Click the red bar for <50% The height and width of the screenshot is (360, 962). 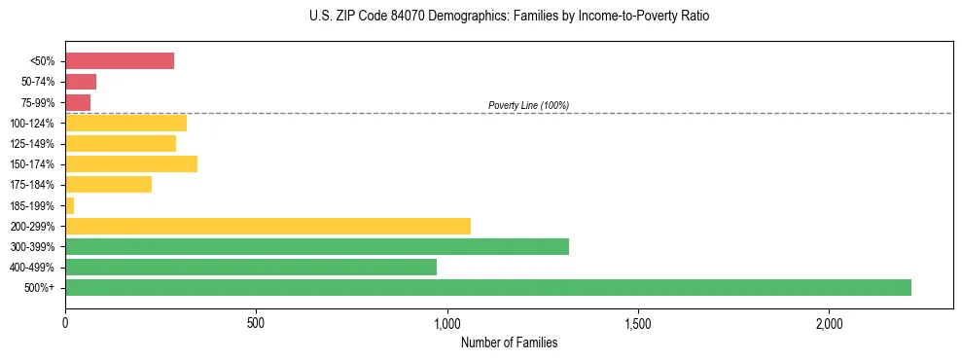coord(120,61)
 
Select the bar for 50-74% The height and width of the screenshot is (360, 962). coord(81,82)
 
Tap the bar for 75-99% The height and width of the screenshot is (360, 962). coord(78,102)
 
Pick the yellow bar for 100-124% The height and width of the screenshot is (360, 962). coord(125,123)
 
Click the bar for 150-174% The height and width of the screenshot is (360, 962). coord(131,163)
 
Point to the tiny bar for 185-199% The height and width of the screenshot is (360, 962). coord(70,205)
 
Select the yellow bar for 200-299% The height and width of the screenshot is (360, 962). coord(267,226)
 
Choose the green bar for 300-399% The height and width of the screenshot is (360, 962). coord(317,246)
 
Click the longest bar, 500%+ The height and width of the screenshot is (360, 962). coord(488,287)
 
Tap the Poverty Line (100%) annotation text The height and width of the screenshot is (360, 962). coord(528,105)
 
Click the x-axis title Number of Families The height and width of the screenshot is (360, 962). coord(509,342)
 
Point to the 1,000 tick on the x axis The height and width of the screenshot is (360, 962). coord(447,323)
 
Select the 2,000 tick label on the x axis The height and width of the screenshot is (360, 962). coord(829,323)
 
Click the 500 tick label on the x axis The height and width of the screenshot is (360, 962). coord(256,323)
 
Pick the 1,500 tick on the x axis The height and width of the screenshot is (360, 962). coord(638,323)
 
